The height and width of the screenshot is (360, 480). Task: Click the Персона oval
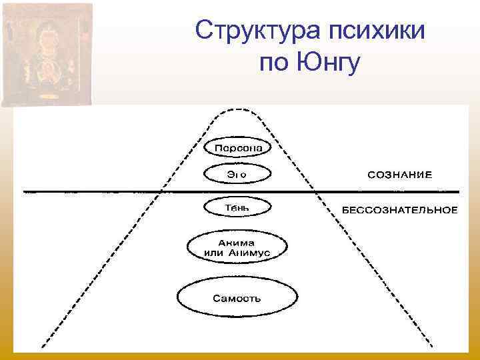tap(238, 146)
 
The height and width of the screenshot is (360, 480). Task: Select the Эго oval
tap(238, 174)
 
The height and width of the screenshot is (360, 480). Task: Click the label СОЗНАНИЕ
tap(400, 175)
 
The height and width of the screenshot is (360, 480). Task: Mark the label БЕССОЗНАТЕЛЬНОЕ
tap(400, 210)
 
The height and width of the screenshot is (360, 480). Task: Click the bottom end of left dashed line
tap(43, 347)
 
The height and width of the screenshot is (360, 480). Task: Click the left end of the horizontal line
tap(25, 191)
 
